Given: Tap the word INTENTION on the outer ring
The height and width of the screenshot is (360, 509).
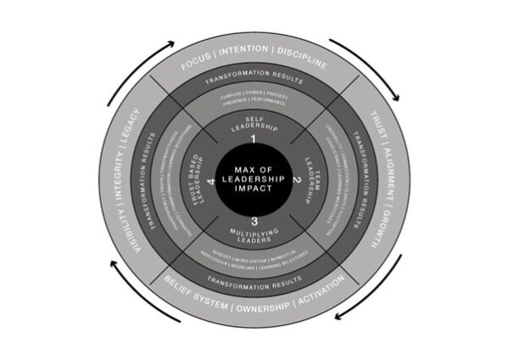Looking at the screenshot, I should tap(245, 63).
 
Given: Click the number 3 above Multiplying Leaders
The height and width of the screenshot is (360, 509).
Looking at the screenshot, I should tap(254, 222).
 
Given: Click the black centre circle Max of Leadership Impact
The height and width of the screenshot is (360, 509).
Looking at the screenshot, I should tap(255, 181).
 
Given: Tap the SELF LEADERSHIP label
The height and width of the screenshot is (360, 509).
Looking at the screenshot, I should tap(253, 123).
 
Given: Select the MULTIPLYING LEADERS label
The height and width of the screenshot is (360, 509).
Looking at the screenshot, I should tap(254, 237).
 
